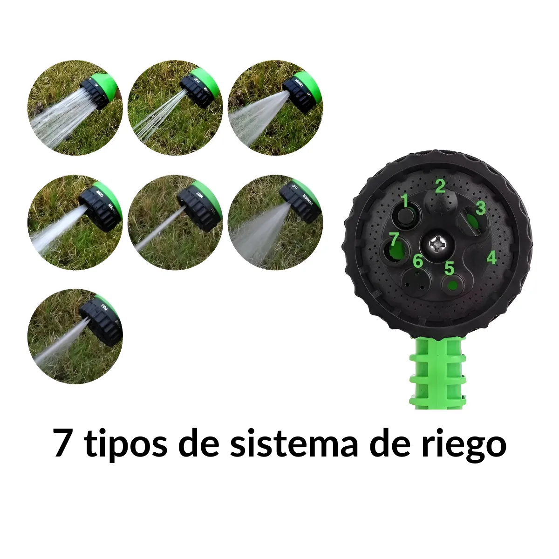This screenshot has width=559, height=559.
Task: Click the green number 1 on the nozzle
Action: (405, 201)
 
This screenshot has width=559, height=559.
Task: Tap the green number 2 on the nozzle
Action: (440, 186)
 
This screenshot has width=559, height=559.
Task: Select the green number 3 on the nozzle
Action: (481, 208)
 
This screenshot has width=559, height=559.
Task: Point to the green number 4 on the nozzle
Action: (491, 257)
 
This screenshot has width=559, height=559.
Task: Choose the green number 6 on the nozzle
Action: (418, 261)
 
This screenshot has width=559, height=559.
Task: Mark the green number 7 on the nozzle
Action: (394, 240)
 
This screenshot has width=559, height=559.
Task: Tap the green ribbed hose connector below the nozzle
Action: (437, 372)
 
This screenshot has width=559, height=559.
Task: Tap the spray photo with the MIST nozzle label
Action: (175, 223)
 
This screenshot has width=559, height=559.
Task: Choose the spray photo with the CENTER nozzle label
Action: (275, 108)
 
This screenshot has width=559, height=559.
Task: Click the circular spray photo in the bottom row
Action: (75, 336)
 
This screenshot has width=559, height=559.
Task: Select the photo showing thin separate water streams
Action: (175, 108)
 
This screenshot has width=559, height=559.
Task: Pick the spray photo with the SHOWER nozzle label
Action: (275, 223)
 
